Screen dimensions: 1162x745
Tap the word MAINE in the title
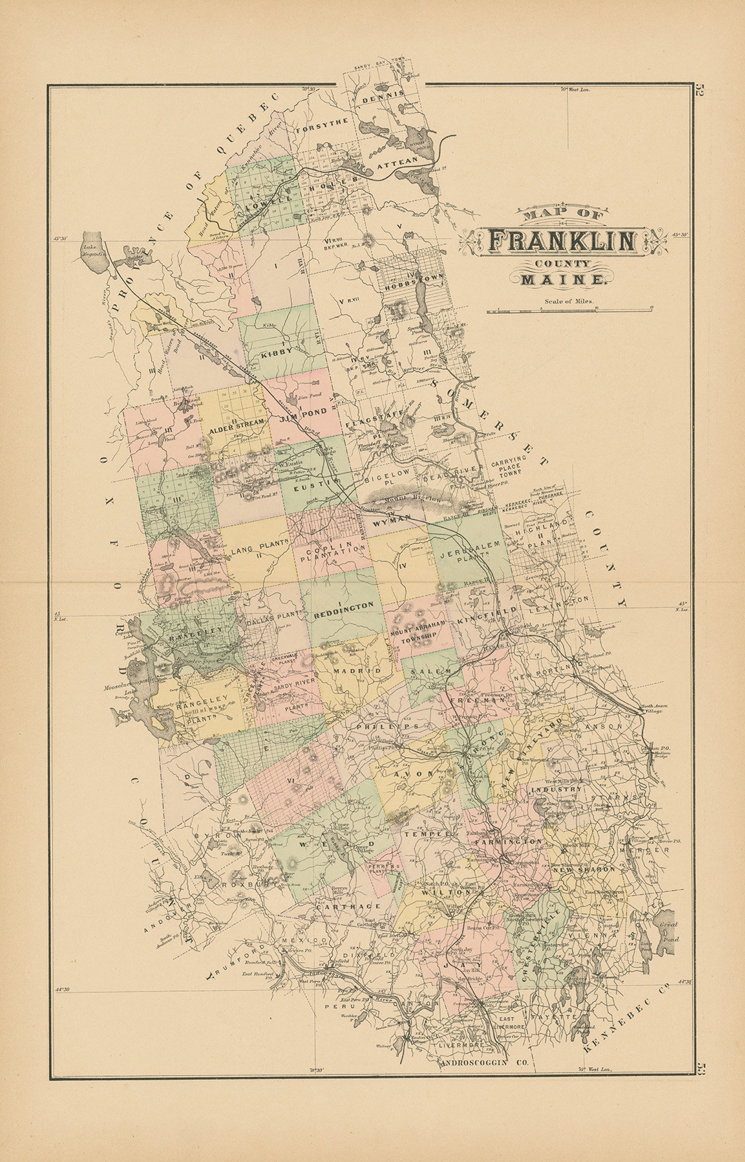click(562, 279)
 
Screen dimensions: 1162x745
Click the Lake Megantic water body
click(93, 251)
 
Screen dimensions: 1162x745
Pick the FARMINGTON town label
click(508, 842)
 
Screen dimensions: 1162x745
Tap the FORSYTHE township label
click(322, 127)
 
